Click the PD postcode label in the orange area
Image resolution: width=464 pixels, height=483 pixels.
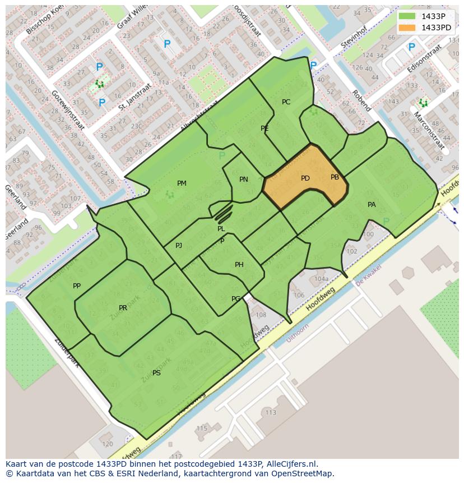pos(305,178)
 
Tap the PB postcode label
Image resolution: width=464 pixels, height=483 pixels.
pos(335,177)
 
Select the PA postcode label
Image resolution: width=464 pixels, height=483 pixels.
pos(372,205)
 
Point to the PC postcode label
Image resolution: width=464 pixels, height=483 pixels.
pos(286,102)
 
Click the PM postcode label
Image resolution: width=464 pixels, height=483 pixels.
pos(182,183)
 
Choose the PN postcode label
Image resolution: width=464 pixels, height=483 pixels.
pos(243,180)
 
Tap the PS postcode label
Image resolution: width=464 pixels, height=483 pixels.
pos(156,372)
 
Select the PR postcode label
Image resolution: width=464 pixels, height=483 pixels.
pos(123,308)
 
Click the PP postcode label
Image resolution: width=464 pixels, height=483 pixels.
pos(77,286)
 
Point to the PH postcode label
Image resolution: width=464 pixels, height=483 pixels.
pos(239,265)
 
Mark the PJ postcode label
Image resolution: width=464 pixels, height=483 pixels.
pos(179,246)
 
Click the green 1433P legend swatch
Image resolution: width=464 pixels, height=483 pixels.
pos(407,16)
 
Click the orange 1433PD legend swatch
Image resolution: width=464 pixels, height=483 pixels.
pos(407,27)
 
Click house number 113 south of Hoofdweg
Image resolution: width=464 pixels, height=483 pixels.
pos(271,412)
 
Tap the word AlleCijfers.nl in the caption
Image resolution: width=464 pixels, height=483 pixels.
pos(292,464)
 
